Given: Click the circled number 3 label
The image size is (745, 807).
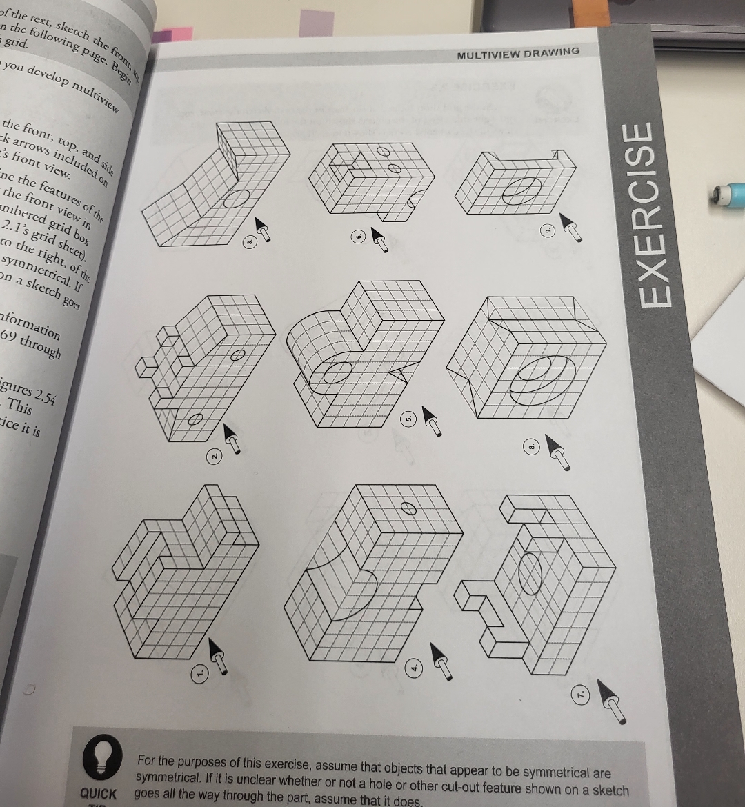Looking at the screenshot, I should pos(251,242).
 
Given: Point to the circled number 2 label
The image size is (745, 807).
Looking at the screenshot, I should pos(215,456).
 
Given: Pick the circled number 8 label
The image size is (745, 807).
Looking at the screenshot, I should pos(531,447).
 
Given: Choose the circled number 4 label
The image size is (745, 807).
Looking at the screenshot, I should pos(415,668).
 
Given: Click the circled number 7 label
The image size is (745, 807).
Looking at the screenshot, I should pos(581,691).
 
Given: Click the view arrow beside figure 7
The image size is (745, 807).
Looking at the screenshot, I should pos(613,699).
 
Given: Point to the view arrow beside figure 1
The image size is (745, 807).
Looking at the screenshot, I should pos(217,656).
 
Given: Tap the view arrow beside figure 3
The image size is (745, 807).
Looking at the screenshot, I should pos(261,229).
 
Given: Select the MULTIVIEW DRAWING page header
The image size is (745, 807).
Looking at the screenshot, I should pos(517,53).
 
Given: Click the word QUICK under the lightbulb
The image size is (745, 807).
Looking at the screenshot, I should pos(99,793).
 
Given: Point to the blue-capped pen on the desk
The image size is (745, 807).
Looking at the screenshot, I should pos(728,193).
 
